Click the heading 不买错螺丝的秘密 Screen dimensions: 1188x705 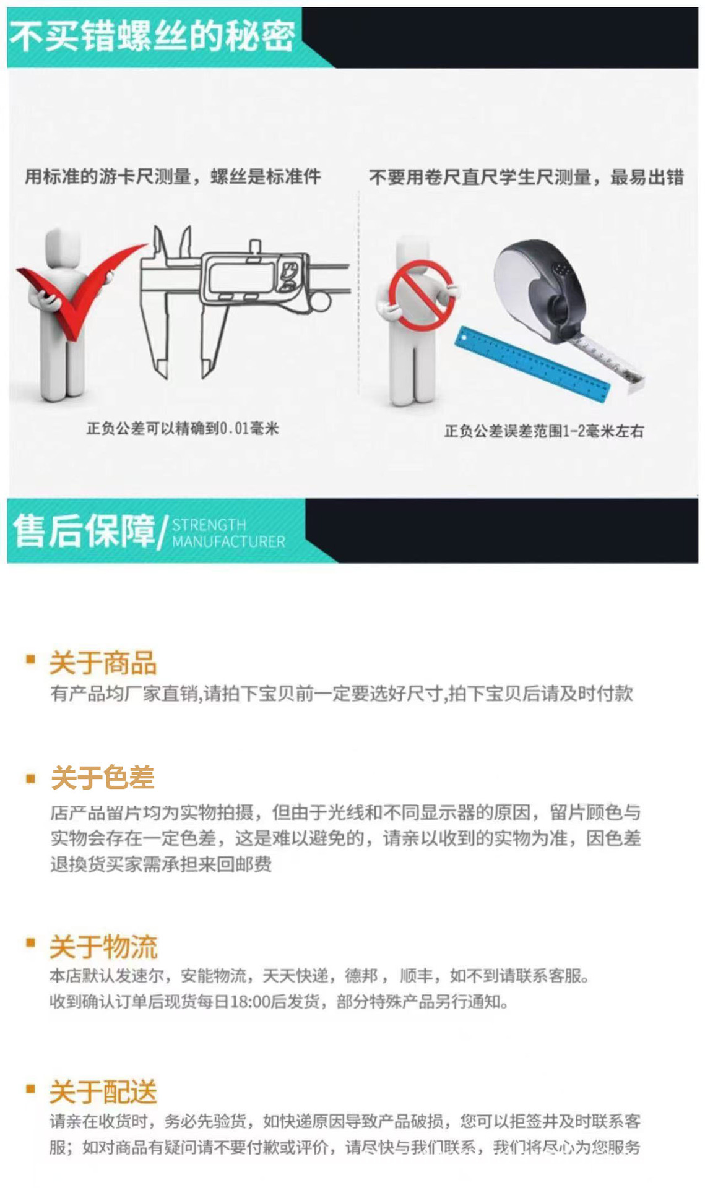pos(152,36)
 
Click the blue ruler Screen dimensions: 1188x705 pos(532,365)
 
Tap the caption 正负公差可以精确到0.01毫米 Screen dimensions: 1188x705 pos(183,428)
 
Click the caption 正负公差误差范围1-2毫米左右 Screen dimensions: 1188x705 pos(543,431)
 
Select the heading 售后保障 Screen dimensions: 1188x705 pos(84,531)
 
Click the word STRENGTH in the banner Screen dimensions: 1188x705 pos(209,525)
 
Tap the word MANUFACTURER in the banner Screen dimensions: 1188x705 pos(228,542)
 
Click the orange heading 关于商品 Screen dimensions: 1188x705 pos(103,663)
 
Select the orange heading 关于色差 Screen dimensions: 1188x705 pos(103,778)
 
